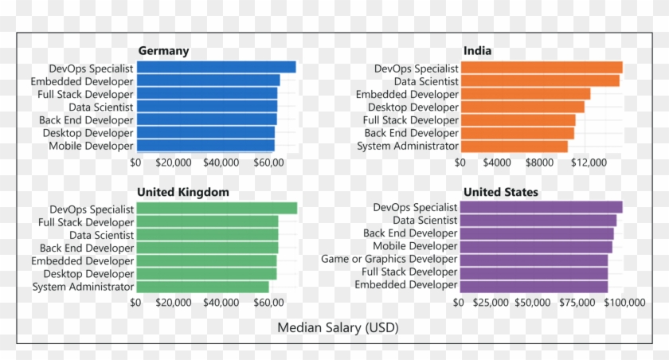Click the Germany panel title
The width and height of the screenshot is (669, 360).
tap(163, 51)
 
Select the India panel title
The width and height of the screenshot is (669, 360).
tap(477, 51)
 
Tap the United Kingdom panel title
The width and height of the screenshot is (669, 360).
tap(183, 192)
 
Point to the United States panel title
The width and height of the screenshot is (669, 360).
tap(500, 192)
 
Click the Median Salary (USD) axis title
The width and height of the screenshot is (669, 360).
tap(338, 327)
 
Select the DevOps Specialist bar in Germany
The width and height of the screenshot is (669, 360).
tap(216, 68)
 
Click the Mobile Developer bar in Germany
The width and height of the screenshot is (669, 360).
tap(205, 146)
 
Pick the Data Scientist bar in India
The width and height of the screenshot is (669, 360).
tap(540, 81)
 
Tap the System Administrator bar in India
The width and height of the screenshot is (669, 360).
tap(514, 146)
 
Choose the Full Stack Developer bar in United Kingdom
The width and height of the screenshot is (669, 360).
tap(207, 222)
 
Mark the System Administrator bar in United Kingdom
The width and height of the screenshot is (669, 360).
tap(202, 287)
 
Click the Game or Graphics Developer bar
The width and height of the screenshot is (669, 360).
tap(534, 260)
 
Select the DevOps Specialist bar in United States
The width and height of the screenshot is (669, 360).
tap(541, 208)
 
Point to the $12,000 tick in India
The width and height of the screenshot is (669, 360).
tap(589, 162)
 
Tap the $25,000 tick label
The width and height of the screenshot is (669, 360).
tap(491, 303)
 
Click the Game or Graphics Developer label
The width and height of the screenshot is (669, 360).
tap(389, 259)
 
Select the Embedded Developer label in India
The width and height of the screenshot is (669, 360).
tap(407, 94)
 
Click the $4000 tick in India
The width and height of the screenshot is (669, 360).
tap(497, 162)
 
